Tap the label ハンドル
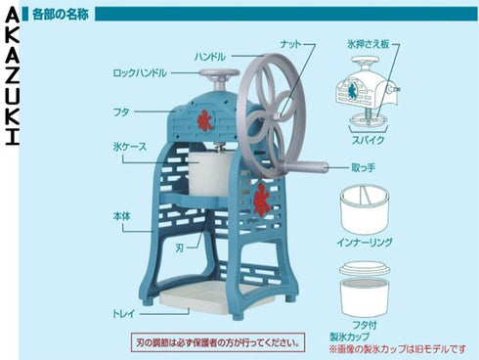point(210,57)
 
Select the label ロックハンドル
point(140,73)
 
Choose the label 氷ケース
point(129,146)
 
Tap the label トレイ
point(122,315)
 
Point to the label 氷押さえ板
point(368,45)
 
